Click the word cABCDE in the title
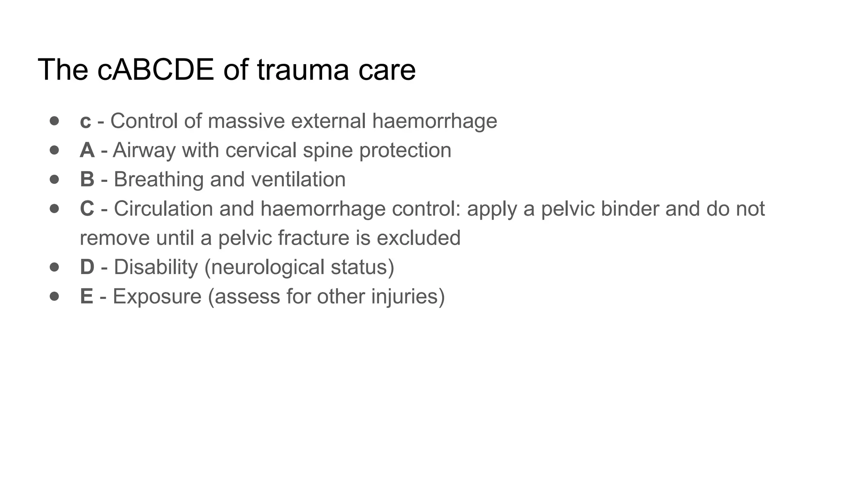click(156, 70)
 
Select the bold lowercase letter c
click(85, 121)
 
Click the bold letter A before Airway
click(87, 150)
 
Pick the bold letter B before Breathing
click(87, 179)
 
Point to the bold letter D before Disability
click(87, 267)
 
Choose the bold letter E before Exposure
click(86, 296)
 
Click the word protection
click(405, 150)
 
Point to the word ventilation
click(298, 179)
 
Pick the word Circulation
click(163, 209)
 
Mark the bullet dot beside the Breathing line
click(54, 179)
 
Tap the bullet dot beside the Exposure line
click(54, 296)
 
